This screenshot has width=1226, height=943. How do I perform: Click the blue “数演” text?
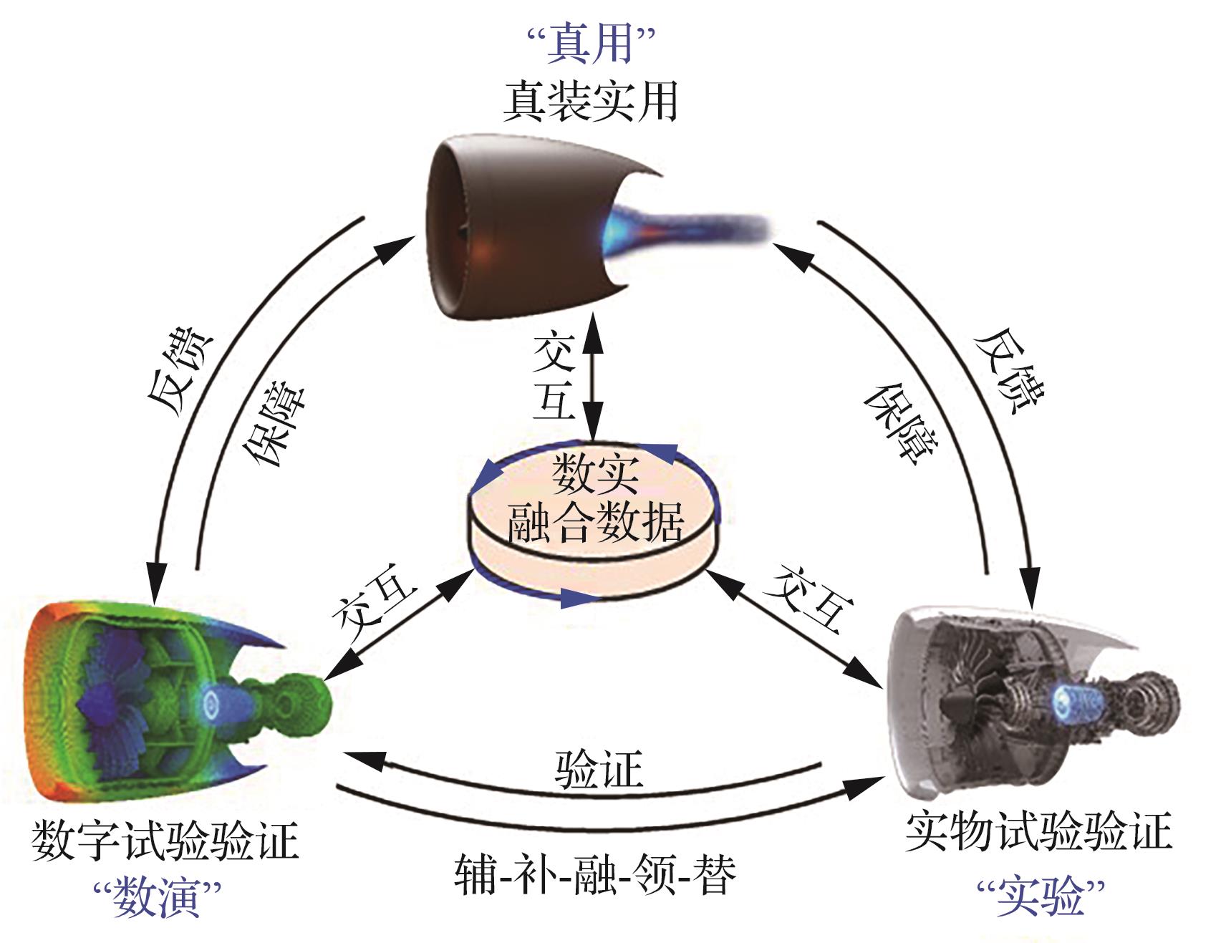(157, 896)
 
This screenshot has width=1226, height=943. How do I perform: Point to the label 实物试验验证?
(1038, 831)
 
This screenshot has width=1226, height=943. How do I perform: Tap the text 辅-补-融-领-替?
(595, 875)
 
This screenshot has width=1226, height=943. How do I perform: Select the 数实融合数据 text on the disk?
(594, 501)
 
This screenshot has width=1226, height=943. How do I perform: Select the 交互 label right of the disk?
(809, 597)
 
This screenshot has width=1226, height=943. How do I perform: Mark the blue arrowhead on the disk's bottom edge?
(577, 599)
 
